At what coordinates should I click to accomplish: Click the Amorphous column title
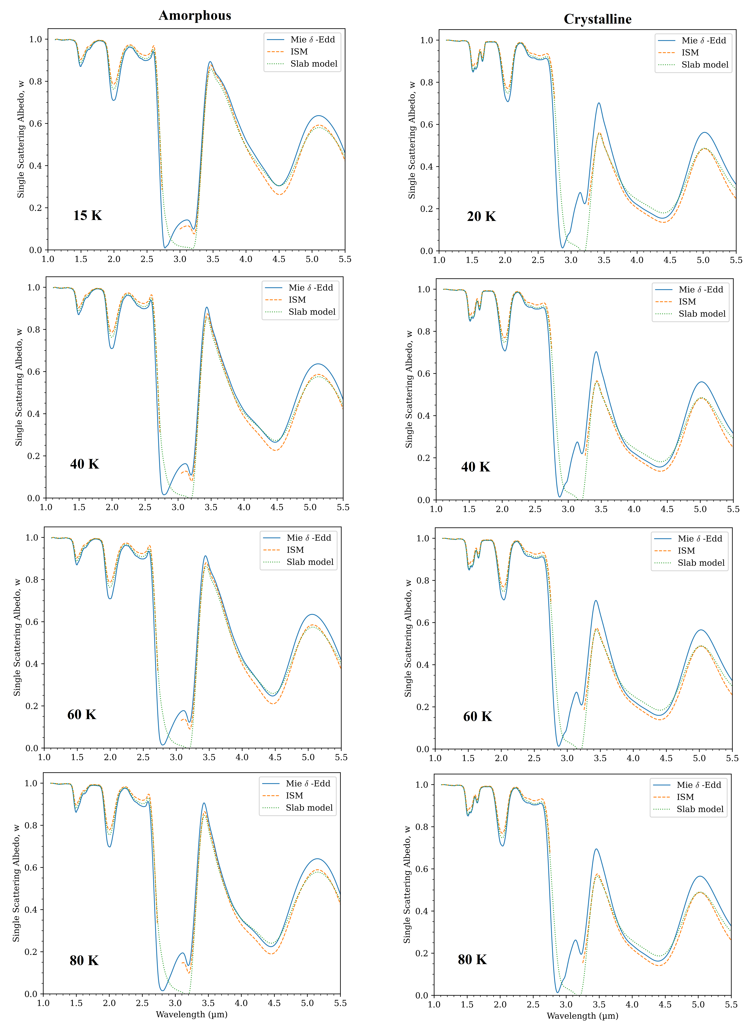pos(195,15)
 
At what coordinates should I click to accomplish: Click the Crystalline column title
pos(598,19)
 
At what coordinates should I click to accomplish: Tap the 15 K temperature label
pos(88,216)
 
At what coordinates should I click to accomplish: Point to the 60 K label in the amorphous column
pos(82,715)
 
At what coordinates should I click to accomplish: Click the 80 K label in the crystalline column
pos(472,960)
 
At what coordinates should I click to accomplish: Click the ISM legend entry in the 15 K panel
pos(299,52)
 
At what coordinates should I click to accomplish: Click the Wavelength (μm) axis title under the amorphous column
pos(192,1014)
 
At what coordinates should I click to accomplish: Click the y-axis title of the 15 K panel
pos(20,139)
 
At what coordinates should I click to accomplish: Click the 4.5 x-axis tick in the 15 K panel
pos(279,259)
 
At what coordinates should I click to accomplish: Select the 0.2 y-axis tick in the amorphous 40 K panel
pos(34,456)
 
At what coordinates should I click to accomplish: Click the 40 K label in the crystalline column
pos(475,467)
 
